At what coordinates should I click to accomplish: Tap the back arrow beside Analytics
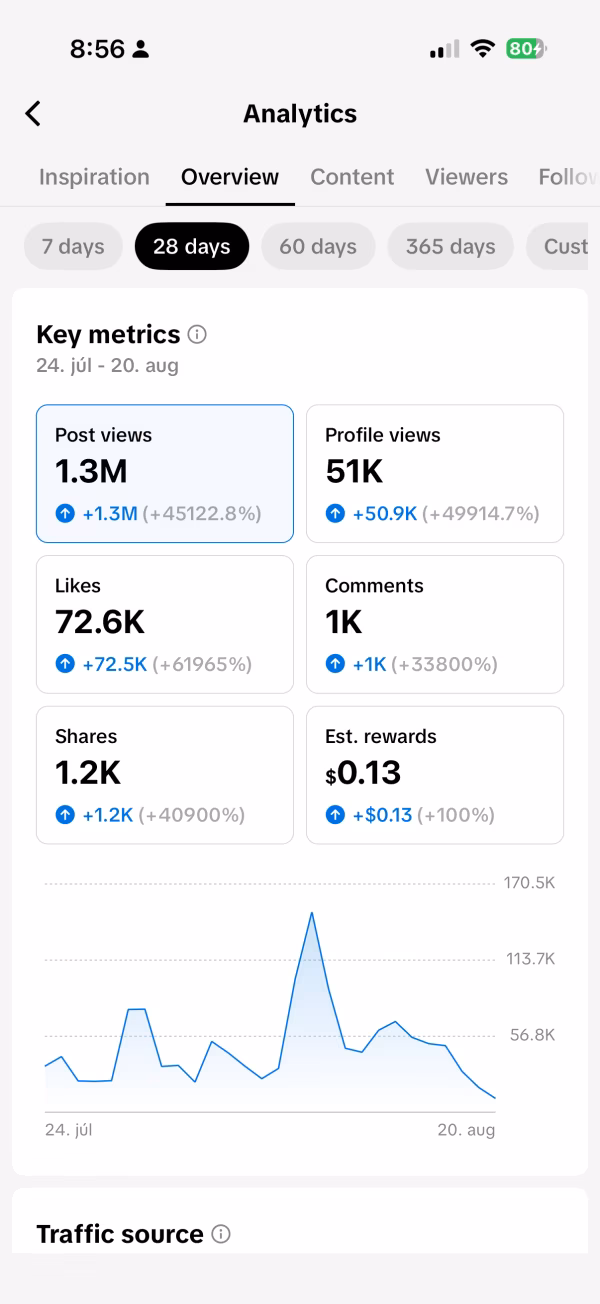tap(33, 114)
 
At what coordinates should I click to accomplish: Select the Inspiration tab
tap(94, 177)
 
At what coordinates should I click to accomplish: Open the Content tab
tap(352, 177)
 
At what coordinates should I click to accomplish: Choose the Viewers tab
tap(466, 177)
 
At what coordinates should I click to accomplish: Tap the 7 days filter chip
tap(73, 246)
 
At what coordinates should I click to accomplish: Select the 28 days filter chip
tap(192, 246)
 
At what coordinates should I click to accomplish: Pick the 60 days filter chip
tap(318, 246)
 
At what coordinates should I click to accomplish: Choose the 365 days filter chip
tap(451, 246)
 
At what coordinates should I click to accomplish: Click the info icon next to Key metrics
tap(197, 335)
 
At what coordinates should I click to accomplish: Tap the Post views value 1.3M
tap(91, 471)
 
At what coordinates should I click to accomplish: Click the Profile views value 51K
tap(354, 471)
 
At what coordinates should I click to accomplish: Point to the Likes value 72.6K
tap(100, 622)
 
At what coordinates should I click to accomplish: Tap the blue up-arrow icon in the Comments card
tap(335, 664)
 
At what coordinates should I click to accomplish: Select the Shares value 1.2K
tap(88, 773)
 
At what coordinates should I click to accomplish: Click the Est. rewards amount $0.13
tap(363, 773)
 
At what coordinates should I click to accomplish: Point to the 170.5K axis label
tap(530, 883)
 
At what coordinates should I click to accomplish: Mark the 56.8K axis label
tap(532, 1034)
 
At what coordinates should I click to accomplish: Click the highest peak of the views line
tap(312, 913)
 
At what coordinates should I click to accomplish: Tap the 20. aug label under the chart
tap(466, 1130)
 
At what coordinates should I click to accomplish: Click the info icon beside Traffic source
tap(221, 1234)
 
